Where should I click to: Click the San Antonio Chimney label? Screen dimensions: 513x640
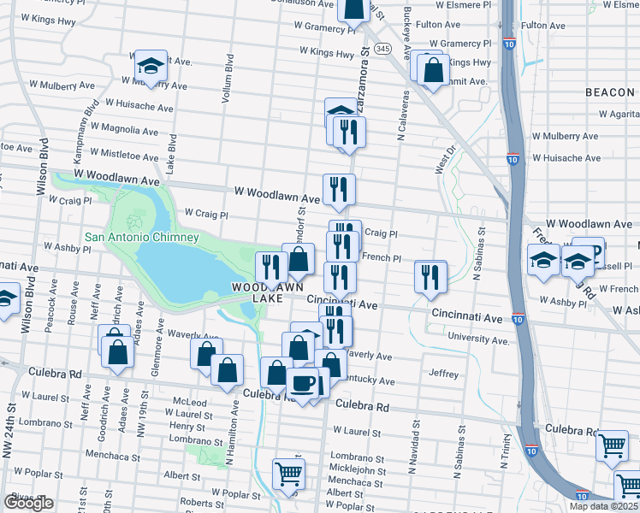coord(141,237)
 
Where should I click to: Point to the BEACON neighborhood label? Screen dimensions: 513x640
coord(612,91)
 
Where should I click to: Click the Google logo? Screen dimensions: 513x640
coord(28,503)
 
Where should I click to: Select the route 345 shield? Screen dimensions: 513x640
coord(382,48)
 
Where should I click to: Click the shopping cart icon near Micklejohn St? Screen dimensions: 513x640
coord(288,473)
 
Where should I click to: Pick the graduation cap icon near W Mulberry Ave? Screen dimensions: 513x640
coord(150,66)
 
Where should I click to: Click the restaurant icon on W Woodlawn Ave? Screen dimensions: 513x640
coord(339,189)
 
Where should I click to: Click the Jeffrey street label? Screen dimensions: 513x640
coord(444,374)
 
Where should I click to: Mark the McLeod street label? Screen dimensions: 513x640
coord(189,402)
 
